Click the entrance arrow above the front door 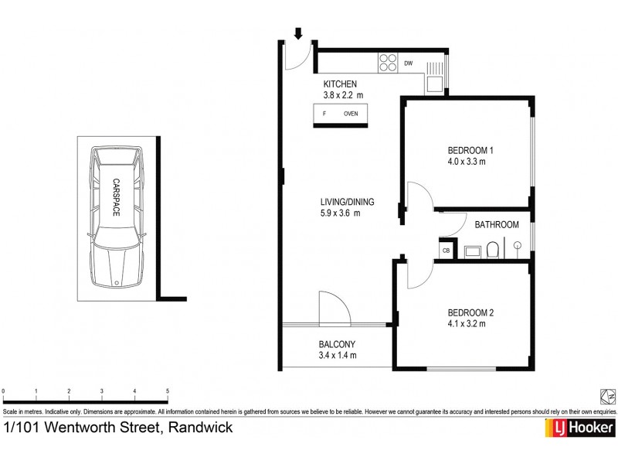pyautogui.click(x=298, y=33)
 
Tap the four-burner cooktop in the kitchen pyautogui.click(x=387, y=62)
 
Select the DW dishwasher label pyautogui.click(x=409, y=63)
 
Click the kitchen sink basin pyautogui.click(x=435, y=83)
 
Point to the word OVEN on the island pyautogui.click(x=351, y=114)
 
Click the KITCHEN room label pyautogui.click(x=340, y=84)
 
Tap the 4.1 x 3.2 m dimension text pyautogui.click(x=467, y=323)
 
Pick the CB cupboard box pyautogui.click(x=446, y=250)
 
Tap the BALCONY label pyautogui.click(x=337, y=345)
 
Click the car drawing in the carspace pyautogui.click(x=115, y=217)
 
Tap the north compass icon pyautogui.click(x=608, y=396)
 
